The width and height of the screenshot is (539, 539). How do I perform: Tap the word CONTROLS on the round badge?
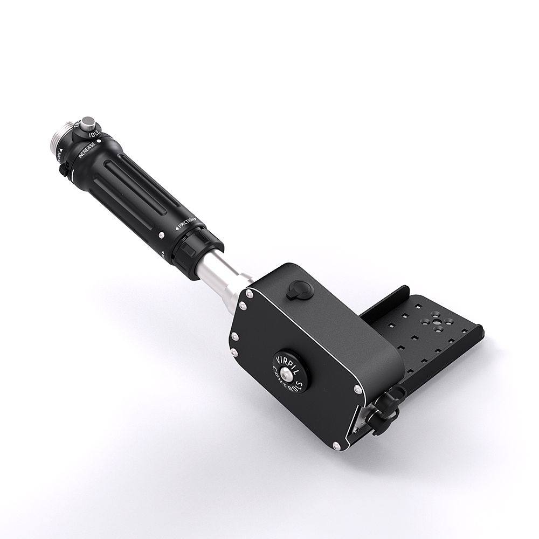coord(294,383)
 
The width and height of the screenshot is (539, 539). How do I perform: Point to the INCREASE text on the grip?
coord(87,149)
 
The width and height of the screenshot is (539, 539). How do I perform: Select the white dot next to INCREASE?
coord(99,141)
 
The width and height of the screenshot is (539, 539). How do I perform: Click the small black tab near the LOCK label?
coord(63,169)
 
